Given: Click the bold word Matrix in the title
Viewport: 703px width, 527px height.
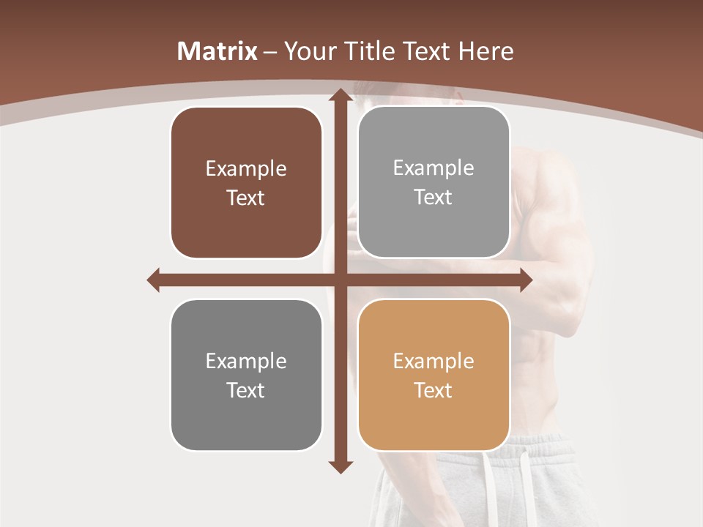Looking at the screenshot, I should pyautogui.click(x=217, y=51).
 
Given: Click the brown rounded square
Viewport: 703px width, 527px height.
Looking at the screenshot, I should pyautogui.click(x=246, y=183).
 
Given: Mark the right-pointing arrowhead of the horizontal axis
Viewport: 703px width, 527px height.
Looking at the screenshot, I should pyautogui.click(x=525, y=280).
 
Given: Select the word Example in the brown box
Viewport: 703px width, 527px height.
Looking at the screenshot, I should pyautogui.click(x=246, y=169).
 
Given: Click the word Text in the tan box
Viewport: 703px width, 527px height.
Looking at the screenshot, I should pyautogui.click(x=434, y=390).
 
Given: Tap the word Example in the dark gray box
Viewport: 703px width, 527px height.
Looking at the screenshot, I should pyautogui.click(x=246, y=361).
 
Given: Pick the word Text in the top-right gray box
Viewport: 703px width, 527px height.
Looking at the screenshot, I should pyautogui.click(x=434, y=198).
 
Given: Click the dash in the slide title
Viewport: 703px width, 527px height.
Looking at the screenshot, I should pyautogui.click(x=270, y=52).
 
